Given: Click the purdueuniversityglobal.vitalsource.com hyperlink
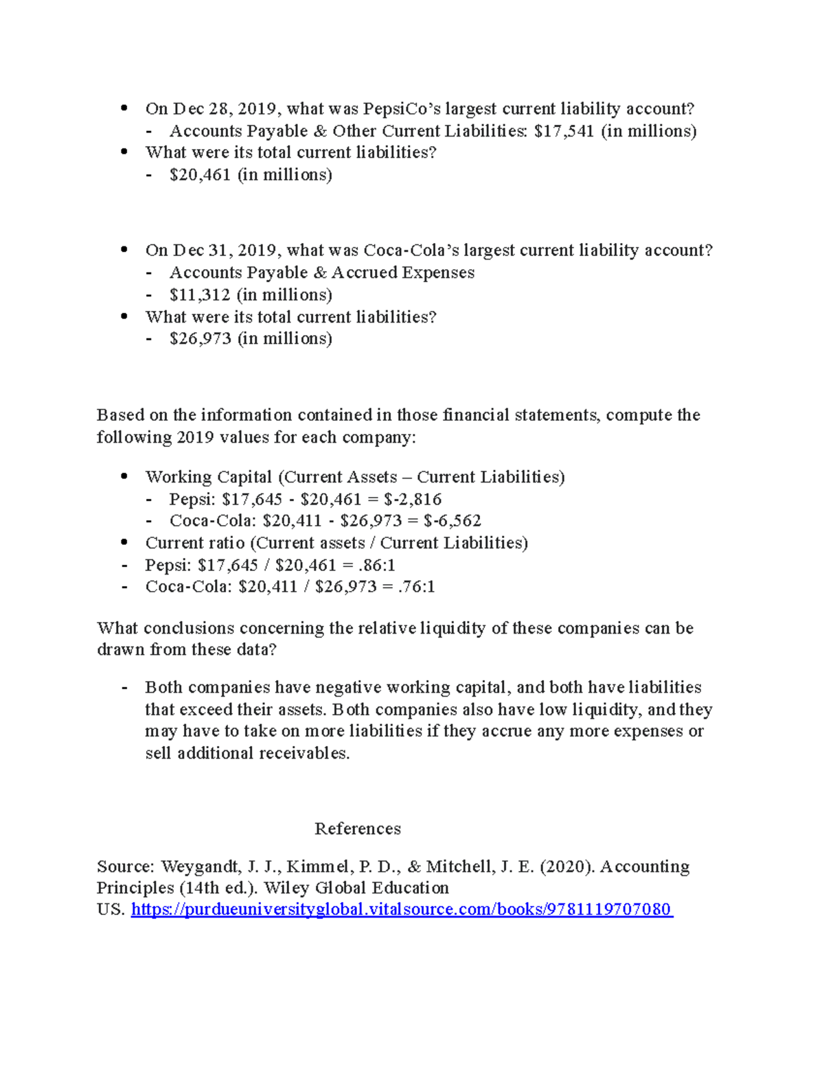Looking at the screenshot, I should click(x=402, y=909).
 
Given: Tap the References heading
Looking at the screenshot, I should click(x=357, y=829).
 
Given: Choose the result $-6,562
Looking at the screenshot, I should click(x=452, y=520).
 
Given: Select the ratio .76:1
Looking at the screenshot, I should click(x=416, y=586).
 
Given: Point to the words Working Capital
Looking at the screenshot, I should click(x=209, y=477).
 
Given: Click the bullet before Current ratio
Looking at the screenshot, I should click(x=124, y=542).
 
